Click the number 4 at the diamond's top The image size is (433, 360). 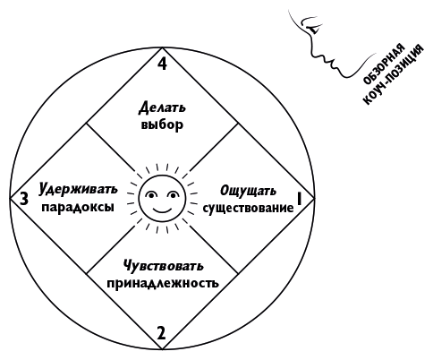point(162,64)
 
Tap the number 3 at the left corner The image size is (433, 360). point(24,199)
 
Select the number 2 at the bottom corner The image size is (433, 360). point(161,333)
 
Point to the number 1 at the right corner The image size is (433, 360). point(299,199)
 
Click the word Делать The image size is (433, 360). point(162,107)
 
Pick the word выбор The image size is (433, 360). point(162,124)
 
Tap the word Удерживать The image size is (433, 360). point(78,189)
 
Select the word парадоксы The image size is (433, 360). point(78,207)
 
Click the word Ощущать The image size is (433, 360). point(248,191)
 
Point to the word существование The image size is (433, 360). point(248,208)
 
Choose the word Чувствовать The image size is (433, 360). point(164,266)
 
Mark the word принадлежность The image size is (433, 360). point(163,283)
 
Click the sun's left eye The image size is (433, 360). point(151,195)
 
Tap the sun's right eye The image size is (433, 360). point(173,195)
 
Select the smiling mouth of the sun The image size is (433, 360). point(163,210)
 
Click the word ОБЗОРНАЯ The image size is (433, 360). point(384,64)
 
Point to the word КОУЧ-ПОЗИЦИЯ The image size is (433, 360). point(393,74)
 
